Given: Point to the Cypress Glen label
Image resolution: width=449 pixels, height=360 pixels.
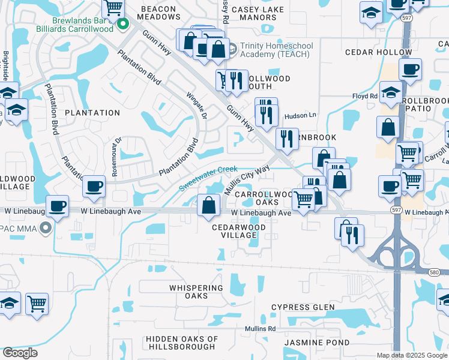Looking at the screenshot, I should [x=303, y=307].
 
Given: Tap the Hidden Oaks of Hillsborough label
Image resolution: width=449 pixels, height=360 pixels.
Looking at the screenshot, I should [x=181, y=343].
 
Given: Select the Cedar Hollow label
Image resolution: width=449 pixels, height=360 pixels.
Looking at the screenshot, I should [x=378, y=52].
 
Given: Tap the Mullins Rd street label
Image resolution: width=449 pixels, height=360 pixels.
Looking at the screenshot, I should [x=260, y=328].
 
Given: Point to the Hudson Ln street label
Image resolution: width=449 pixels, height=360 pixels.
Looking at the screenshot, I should [x=300, y=115].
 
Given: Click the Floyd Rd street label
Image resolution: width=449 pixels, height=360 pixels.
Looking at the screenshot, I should [x=364, y=96].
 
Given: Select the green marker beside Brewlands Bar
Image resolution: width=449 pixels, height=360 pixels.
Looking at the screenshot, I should [x=124, y=25].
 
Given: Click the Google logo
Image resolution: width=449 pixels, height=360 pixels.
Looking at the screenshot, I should [x=20, y=353].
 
